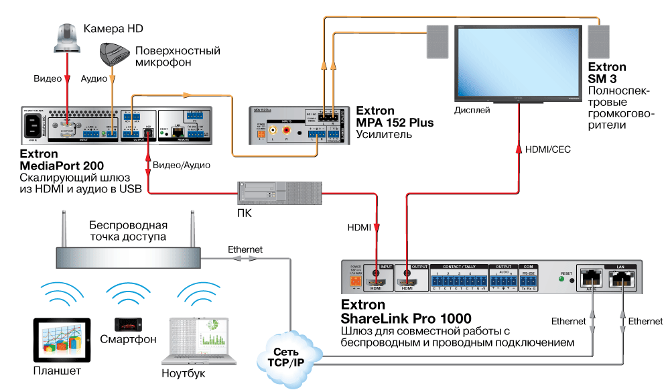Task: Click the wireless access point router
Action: point(127,255)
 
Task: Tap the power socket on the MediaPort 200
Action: point(34,125)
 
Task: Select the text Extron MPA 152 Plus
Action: point(395,117)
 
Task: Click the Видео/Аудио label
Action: point(182,165)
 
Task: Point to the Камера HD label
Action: point(113,29)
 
